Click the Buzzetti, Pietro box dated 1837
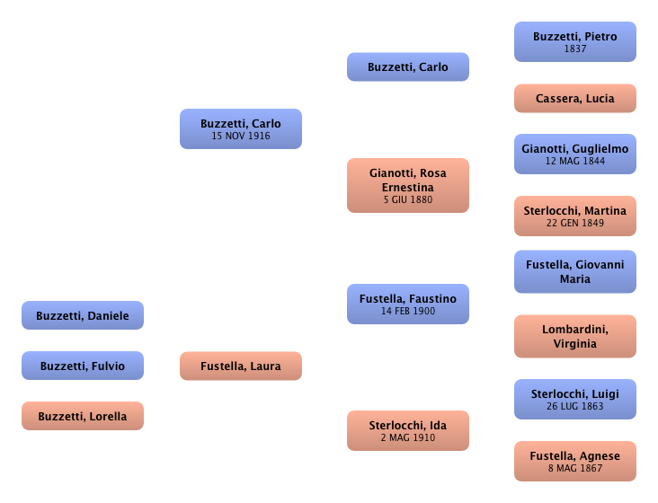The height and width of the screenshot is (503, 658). coord(574,42)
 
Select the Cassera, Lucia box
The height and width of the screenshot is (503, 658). coord(574,99)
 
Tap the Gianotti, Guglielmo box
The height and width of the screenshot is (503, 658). coord(574,154)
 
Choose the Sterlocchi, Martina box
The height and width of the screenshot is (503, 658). coord(574,216)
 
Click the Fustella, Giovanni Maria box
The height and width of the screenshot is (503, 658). coord(574,272)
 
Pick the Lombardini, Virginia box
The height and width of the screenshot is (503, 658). coord(574,336)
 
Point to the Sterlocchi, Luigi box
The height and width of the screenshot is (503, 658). coord(574,400)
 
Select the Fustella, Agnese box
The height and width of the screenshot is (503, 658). coord(574,462)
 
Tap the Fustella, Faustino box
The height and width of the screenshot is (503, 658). coord(407,304)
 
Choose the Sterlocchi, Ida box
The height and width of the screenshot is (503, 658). coord(407,430)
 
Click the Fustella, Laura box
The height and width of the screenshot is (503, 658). coord(240,366)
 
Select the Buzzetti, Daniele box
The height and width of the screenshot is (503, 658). coord(82,316)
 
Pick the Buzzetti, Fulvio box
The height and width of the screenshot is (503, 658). coord(82,366)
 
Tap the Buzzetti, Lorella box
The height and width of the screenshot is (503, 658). coord(82,417)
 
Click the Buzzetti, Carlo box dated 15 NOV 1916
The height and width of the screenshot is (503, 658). coord(240,129)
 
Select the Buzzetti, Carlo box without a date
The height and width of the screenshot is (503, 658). coord(407,67)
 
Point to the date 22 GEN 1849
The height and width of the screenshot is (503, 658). coord(574,223)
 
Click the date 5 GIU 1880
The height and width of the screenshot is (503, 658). coord(407,199)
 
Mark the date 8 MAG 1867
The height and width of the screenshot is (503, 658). coord(574,468)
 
